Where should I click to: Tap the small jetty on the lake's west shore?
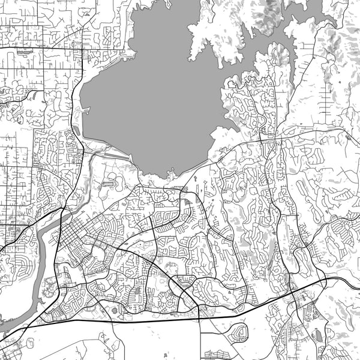pos(88,110)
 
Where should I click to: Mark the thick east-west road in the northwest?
pos(36,46)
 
